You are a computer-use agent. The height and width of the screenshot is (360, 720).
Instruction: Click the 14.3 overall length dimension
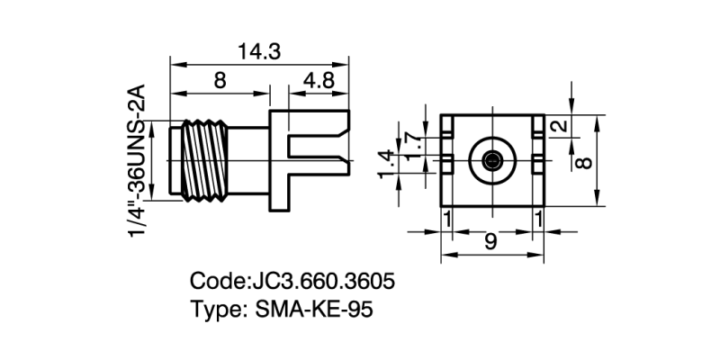pos(259,51)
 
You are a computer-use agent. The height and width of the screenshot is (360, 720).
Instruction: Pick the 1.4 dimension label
pos(388,164)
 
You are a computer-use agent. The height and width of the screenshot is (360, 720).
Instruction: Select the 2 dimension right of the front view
pos(561,127)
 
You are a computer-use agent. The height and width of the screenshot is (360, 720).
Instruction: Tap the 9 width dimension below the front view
pos(490,241)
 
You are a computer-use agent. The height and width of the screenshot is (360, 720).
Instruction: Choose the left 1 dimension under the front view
pos(445,219)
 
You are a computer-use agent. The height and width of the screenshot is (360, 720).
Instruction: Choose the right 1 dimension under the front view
pos(538,219)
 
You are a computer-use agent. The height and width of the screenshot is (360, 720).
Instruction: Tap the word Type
pos(213,310)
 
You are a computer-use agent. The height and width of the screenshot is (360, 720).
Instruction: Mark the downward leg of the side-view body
pos(281,193)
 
